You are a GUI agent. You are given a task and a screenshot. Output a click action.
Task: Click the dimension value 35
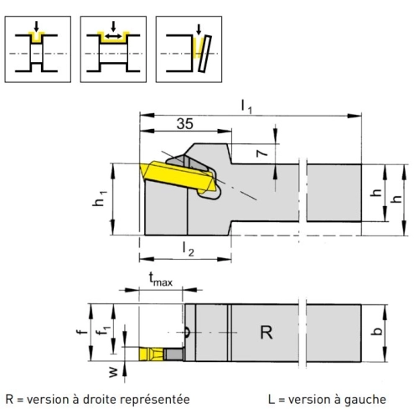pyautogui.click(x=184, y=123)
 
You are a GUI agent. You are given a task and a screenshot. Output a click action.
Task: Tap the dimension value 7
pyautogui.click(x=262, y=153)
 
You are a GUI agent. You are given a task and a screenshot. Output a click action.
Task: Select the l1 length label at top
pyautogui.click(x=246, y=107)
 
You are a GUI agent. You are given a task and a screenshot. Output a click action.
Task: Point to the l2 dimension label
pyautogui.click(x=188, y=248)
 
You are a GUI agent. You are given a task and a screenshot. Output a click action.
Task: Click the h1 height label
pyautogui.click(x=99, y=199)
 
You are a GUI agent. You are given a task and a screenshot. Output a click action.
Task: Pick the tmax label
pyautogui.click(x=160, y=279)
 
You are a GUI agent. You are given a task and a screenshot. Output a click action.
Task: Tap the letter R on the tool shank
pyautogui.click(x=266, y=333)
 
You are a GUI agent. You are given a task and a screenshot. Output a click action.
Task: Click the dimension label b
pyautogui.click(x=377, y=331)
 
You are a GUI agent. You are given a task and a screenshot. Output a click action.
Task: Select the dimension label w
pyautogui.click(x=113, y=372)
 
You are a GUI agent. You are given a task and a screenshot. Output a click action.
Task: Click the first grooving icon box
pyautogui.click(x=38, y=49)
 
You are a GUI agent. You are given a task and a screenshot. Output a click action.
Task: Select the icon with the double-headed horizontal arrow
pyautogui.click(x=113, y=49)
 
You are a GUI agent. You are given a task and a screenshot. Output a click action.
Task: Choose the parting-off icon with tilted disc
pyautogui.click(x=189, y=49)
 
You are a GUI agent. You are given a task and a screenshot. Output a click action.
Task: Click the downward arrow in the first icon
pyautogui.click(x=36, y=26)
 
